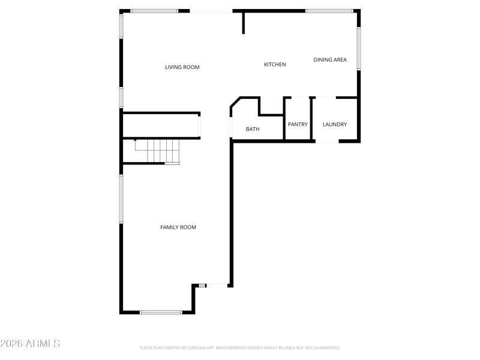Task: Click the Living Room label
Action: click(182, 67)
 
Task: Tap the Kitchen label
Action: click(275, 64)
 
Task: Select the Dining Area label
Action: click(330, 59)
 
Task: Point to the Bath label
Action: click(253, 129)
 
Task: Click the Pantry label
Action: click(298, 125)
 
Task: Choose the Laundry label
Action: click(334, 125)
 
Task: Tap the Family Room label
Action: click(178, 227)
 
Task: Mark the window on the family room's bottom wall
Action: click(161, 312)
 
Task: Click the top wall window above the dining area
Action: click(329, 11)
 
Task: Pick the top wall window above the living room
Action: click(154, 11)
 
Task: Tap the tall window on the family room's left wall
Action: click(121, 199)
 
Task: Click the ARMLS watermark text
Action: click(30, 344)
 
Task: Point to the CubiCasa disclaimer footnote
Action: click(239, 348)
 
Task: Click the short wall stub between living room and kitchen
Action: click(244, 22)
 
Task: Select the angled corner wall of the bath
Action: click(235, 103)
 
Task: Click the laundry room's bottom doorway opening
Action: click(326, 142)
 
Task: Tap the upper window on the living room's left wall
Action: click(121, 26)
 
